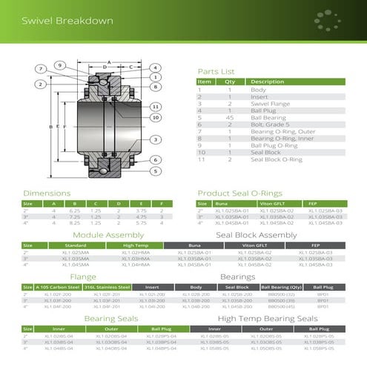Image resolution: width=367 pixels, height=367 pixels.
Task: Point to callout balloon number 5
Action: point(156,171)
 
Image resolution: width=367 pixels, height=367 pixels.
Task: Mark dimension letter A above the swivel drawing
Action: point(108,61)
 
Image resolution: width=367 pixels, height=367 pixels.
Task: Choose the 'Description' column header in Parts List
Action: point(267,82)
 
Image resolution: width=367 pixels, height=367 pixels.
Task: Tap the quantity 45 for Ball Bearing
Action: point(229,117)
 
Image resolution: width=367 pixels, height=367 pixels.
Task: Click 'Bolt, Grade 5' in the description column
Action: point(268,124)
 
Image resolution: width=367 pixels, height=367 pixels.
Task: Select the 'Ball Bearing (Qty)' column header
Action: point(280,286)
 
